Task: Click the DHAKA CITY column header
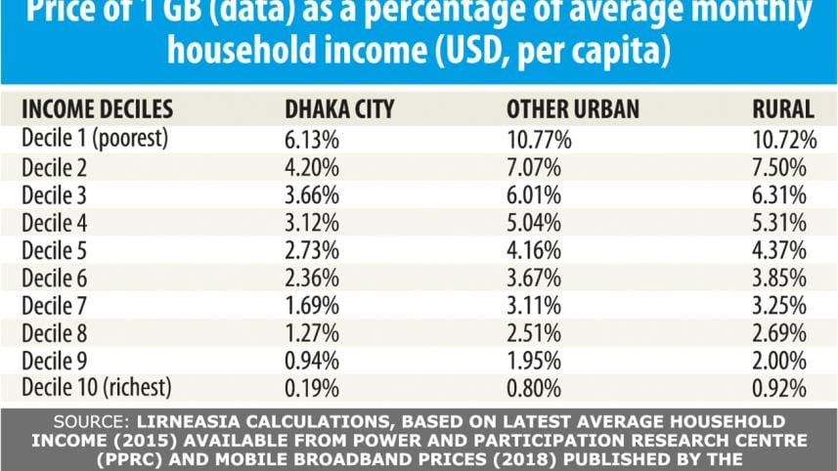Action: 338,109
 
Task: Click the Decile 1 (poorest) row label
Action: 95,137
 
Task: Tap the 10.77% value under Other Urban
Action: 538,137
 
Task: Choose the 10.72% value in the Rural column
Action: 777,137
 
